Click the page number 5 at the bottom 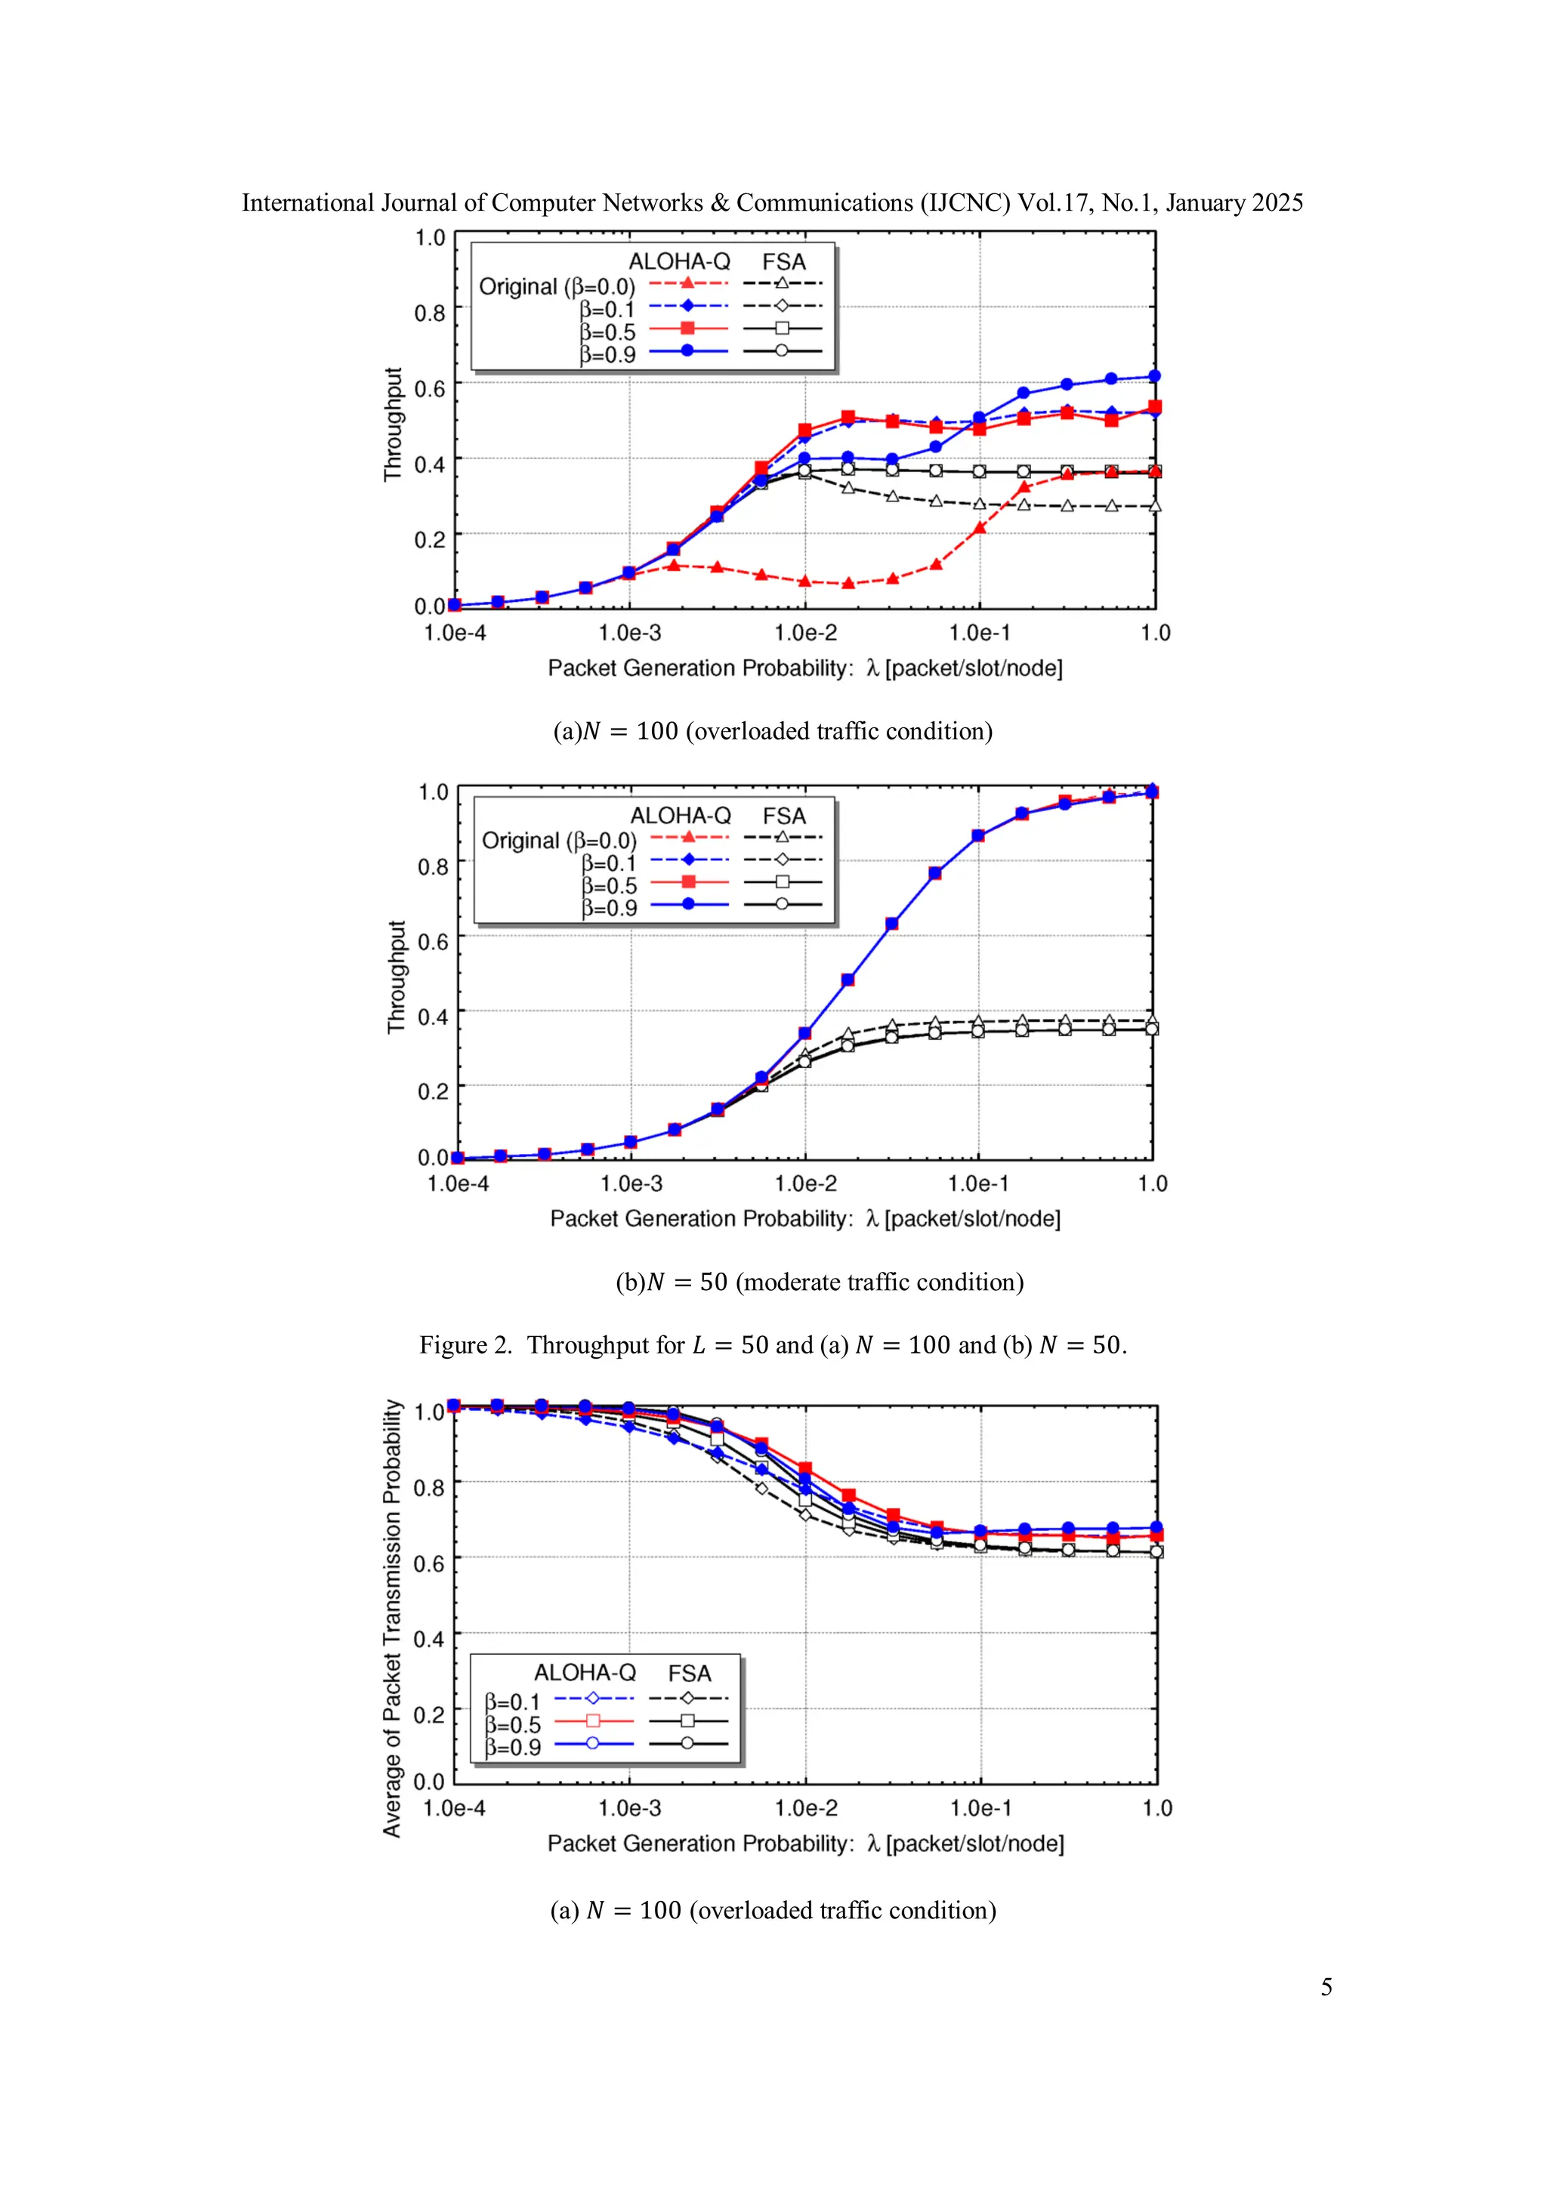click(x=1326, y=1986)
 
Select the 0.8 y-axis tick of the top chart click(x=430, y=313)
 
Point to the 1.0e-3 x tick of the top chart click(x=629, y=633)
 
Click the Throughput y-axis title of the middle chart click(x=397, y=976)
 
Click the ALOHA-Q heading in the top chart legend click(x=678, y=261)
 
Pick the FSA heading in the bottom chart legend click(x=689, y=1674)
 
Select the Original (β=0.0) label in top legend click(x=557, y=287)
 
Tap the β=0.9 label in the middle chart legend click(x=609, y=908)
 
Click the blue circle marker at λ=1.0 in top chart click(x=1154, y=376)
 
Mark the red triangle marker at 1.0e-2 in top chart click(x=805, y=580)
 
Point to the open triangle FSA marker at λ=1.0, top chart click(x=1155, y=506)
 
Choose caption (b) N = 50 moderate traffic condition click(x=820, y=1282)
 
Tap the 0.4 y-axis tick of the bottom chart click(x=429, y=1639)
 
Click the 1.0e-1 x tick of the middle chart click(x=978, y=1183)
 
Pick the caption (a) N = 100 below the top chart click(x=773, y=731)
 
